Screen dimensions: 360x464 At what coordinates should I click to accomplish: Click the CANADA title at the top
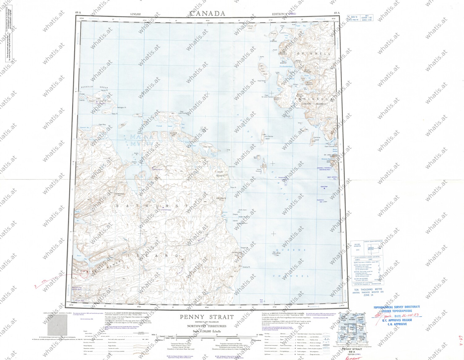click(x=207, y=13)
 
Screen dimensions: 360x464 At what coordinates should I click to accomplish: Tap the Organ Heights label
click(x=220, y=174)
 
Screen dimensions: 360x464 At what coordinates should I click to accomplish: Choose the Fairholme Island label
click(x=317, y=138)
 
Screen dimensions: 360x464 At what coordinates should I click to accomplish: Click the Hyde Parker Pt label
click(x=262, y=81)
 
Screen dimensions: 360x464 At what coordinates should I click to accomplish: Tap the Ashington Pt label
click(x=122, y=107)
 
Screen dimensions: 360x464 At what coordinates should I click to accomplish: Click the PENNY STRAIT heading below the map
click(x=207, y=317)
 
